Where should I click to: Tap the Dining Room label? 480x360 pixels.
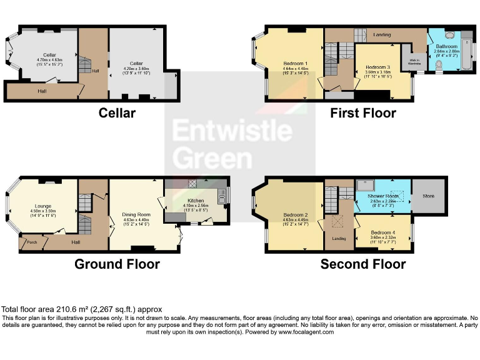tap(136, 214)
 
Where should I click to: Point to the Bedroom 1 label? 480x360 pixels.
tap(295, 64)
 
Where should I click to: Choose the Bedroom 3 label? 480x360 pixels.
tap(378, 67)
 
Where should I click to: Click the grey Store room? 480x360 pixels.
tap(429, 196)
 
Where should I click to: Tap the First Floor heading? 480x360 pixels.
tap(363, 113)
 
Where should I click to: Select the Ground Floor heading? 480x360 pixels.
tap(117, 264)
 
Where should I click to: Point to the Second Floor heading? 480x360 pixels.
tap(363, 264)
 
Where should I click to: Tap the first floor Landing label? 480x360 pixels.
tap(382, 34)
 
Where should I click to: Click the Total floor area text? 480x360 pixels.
tap(82, 309)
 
